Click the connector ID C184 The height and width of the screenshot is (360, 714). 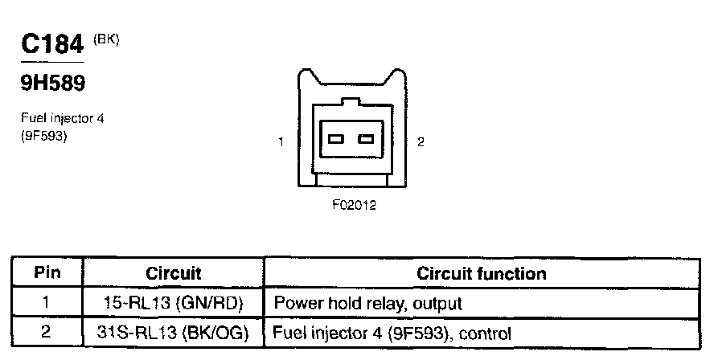[53, 45]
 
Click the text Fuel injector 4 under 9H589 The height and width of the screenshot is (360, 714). [62, 119]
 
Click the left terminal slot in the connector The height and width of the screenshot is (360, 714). [334, 139]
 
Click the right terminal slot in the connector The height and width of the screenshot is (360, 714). [367, 139]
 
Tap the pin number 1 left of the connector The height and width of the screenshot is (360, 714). [281, 142]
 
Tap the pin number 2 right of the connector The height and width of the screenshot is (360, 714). [421, 142]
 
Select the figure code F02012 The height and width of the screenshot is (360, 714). [354, 205]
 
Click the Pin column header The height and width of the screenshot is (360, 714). [47, 273]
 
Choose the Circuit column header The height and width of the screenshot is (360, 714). [174, 273]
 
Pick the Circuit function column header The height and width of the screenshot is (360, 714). [481, 273]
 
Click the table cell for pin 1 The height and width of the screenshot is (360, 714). [47, 304]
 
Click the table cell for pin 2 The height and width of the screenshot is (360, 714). [47, 332]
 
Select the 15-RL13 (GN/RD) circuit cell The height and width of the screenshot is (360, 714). [174, 304]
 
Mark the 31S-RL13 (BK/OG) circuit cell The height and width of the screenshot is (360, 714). [174, 332]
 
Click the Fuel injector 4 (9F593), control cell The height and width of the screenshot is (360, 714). [393, 332]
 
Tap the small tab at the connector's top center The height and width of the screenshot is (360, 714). [351, 102]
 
